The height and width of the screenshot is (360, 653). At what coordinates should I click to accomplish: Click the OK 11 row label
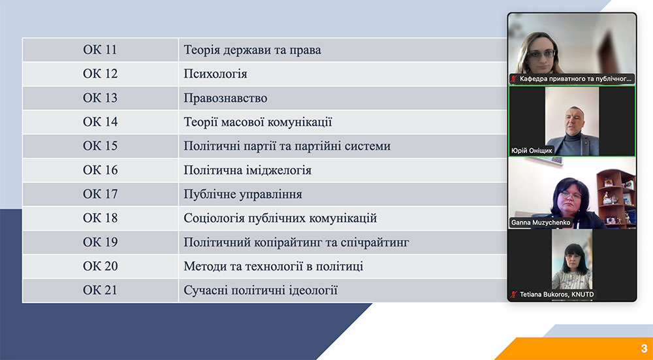[100, 50]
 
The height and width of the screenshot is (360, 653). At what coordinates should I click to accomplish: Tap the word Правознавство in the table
[225, 99]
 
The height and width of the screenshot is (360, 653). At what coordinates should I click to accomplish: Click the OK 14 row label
[100, 122]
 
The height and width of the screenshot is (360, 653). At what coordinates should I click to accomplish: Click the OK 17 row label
[100, 194]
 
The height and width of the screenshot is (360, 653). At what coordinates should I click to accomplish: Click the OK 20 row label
[100, 267]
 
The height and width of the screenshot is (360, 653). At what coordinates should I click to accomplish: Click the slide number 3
[644, 348]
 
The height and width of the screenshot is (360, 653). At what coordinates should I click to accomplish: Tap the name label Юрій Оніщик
[532, 151]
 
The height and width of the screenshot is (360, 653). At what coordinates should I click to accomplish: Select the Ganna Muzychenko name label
[541, 223]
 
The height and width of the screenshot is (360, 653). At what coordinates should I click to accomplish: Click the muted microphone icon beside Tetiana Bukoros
[514, 295]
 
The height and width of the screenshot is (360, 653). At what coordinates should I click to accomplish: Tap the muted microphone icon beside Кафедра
[514, 78]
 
